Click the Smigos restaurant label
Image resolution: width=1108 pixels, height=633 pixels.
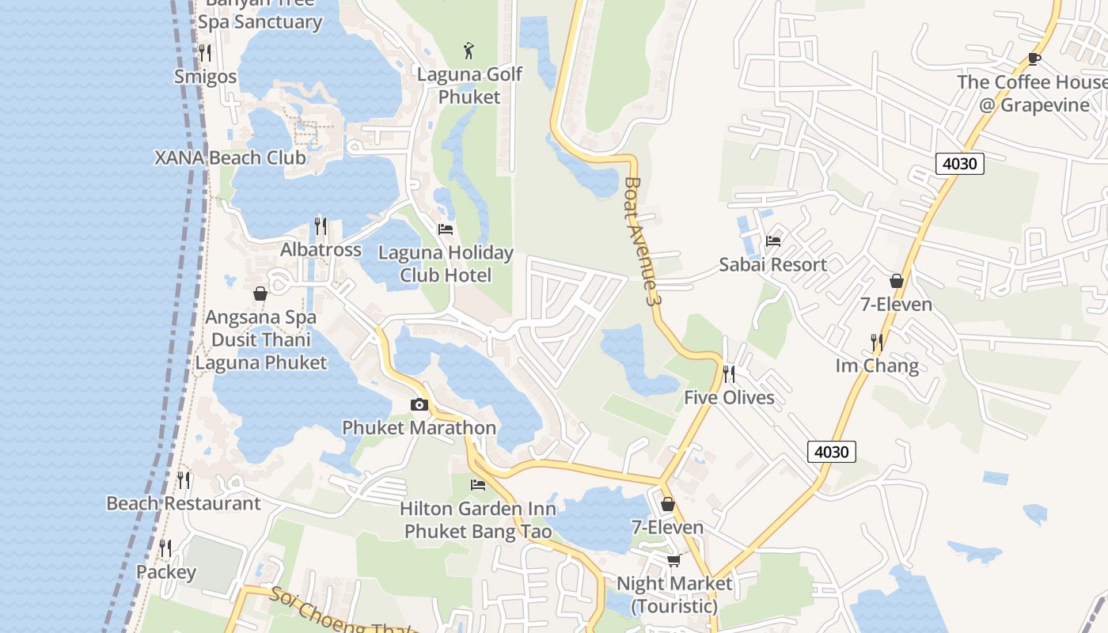pyautogui.click(x=205, y=77)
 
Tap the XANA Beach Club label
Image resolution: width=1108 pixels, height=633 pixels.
pyautogui.click(x=230, y=157)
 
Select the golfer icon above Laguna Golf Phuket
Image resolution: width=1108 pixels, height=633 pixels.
pyautogui.click(x=469, y=51)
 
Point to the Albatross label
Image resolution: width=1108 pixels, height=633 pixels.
pyautogui.click(x=321, y=250)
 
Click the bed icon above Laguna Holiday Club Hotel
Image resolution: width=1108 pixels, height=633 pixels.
pyautogui.click(x=446, y=229)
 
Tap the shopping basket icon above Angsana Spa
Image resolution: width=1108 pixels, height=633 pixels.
pyautogui.click(x=260, y=294)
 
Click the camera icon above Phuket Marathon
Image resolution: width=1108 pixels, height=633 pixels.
pyautogui.click(x=419, y=405)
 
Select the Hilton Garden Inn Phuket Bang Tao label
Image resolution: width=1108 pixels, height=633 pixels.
pyautogui.click(x=477, y=520)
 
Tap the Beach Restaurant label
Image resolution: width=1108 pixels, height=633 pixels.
pyautogui.click(x=183, y=503)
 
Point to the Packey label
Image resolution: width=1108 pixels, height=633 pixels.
pyautogui.click(x=165, y=572)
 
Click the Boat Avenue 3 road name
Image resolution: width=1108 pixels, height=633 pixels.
pyautogui.click(x=642, y=241)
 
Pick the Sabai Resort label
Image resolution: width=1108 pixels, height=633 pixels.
pyautogui.click(x=772, y=264)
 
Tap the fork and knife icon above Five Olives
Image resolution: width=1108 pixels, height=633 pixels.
pyautogui.click(x=729, y=373)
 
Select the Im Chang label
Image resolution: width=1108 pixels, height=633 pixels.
pyautogui.click(x=877, y=366)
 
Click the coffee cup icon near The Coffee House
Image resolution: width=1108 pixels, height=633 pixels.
pyautogui.click(x=1034, y=59)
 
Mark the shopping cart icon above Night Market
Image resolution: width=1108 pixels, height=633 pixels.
pyautogui.click(x=674, y=561)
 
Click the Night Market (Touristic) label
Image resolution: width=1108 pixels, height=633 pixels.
pyautogui.click(x=674, y=595)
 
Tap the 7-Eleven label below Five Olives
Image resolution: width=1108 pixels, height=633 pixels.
pyautogui.click(x=667, y=527)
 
